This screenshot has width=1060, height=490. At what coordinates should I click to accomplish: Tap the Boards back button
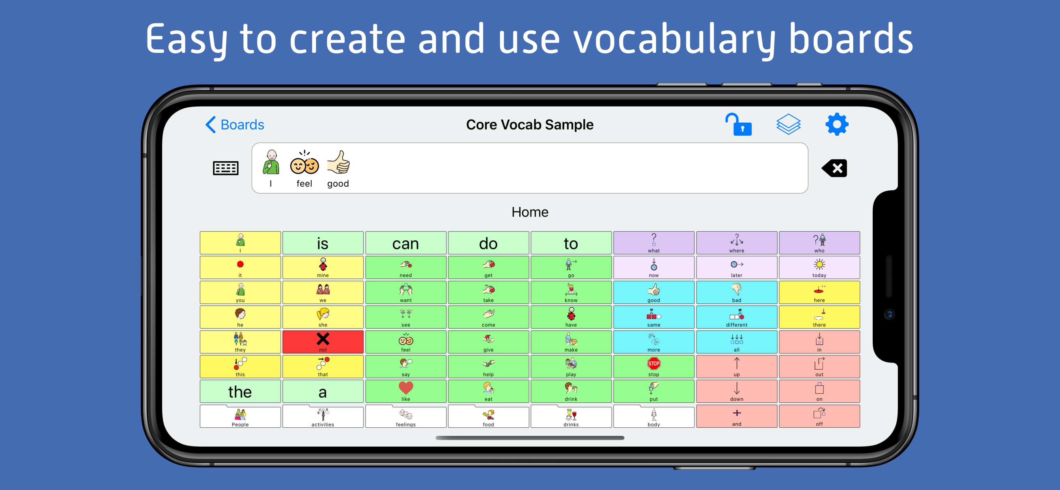tap(235, 124)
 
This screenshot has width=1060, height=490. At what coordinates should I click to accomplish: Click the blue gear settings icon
tap(836, 124)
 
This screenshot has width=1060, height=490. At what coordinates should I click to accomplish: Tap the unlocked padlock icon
tap(738, 124)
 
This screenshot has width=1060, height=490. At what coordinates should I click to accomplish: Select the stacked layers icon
tap(788, 124)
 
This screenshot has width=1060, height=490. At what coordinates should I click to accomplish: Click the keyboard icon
tap(226, 168)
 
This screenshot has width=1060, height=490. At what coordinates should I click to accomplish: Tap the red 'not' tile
tap(323, 342)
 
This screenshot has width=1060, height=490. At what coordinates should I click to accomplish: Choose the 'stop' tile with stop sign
tap(654, 367)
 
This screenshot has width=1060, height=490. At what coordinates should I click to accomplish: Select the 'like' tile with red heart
tap(406, 391)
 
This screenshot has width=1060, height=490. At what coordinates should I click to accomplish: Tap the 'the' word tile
tap(240, 391)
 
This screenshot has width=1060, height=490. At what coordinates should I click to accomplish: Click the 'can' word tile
tap(406, 243)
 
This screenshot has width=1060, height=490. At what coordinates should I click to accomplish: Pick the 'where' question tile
tap(737, 243)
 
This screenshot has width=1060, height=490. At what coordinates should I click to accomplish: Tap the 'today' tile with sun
tap(819, 267)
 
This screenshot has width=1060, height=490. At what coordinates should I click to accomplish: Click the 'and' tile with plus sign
tap(737, 416)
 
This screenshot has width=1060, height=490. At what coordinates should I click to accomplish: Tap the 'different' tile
tap(737, 317)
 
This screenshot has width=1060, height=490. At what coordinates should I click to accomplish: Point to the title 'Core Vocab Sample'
tap(530, 124)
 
